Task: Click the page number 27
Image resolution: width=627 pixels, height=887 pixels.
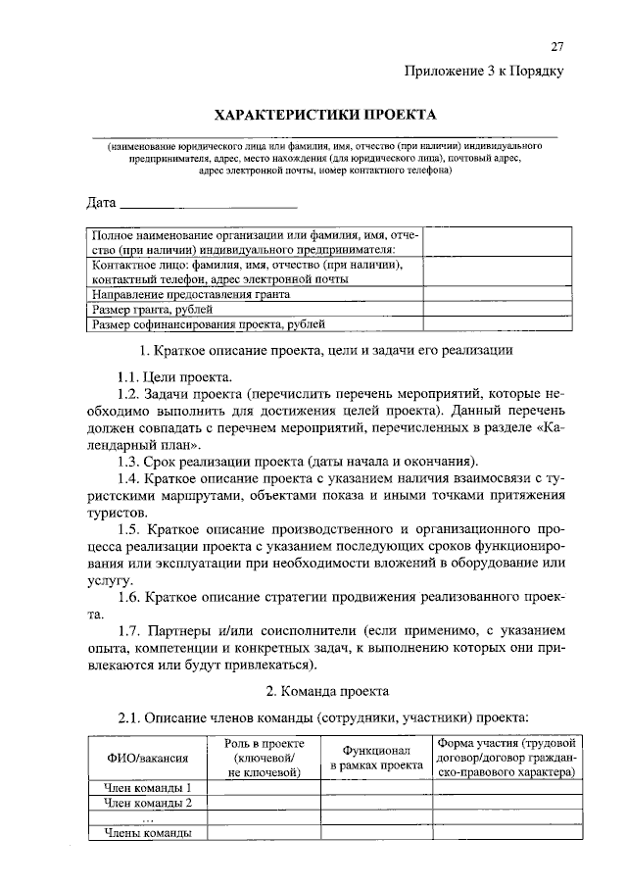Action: pos(558,47)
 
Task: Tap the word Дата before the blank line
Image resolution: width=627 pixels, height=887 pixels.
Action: pos(101,204)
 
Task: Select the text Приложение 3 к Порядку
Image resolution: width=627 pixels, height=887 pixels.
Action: pos(485,71)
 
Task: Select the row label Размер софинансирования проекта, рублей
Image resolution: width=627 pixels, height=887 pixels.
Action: pos(209,324)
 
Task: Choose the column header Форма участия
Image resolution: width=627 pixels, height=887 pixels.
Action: pos(507,758)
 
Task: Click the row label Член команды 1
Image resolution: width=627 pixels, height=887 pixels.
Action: pos(148,787)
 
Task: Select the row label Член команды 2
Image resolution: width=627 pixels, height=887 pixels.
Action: pos(148,804)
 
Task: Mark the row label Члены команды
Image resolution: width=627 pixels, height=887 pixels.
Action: pos(148,834)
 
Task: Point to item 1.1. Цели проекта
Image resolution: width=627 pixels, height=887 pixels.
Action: pos(174,376)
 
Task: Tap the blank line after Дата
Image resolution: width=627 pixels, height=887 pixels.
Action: pos(208,207)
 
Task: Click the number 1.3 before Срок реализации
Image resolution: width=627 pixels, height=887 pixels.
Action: pos(129,461)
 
